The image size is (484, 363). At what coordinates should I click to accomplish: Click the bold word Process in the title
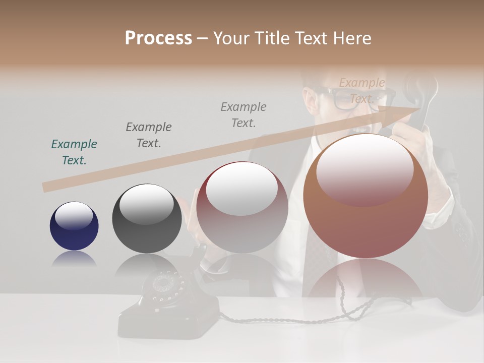pyautogui.click(x=158, y=38)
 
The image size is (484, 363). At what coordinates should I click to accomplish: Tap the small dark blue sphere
pyautogui.click(x=74, y=226)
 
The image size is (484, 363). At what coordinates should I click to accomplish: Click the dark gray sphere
pyautogui.click(x=147, y=219)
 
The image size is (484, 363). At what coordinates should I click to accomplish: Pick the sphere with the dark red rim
pyautogui.click(x=242, y=207)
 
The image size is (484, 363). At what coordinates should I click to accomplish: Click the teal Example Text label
pyautogui.click(x=74, y=152)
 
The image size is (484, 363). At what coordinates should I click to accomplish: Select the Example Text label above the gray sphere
pyautogui.click(x=149, y=135)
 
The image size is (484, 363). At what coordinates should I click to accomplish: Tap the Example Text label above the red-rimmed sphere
pyautogui.click(x=244, y=115)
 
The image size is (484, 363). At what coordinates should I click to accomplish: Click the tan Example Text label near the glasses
pyautogui.click(x=361, y=91)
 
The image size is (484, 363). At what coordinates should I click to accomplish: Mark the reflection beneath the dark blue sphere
pyautogui.click(x=74, y=259)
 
